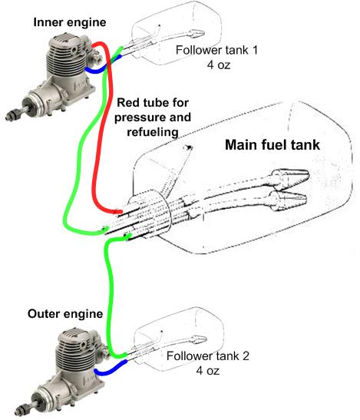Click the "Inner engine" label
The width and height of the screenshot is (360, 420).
tap(70, 22)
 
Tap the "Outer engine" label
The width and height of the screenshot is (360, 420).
tap(65, 314)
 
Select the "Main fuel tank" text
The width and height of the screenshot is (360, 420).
tap(272, 145)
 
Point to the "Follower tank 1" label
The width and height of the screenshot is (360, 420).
tap(216, 50)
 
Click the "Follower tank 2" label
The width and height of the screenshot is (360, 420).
tap(208, 356)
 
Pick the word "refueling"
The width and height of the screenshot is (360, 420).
tap(153, 132)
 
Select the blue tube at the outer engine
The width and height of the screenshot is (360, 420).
tap(110, 369)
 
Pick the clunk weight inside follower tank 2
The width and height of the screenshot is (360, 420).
tap(199, 339)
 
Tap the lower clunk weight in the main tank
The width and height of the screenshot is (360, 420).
tap(287, 198)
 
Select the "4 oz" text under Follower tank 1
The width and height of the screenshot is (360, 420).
tap(219, 64)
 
